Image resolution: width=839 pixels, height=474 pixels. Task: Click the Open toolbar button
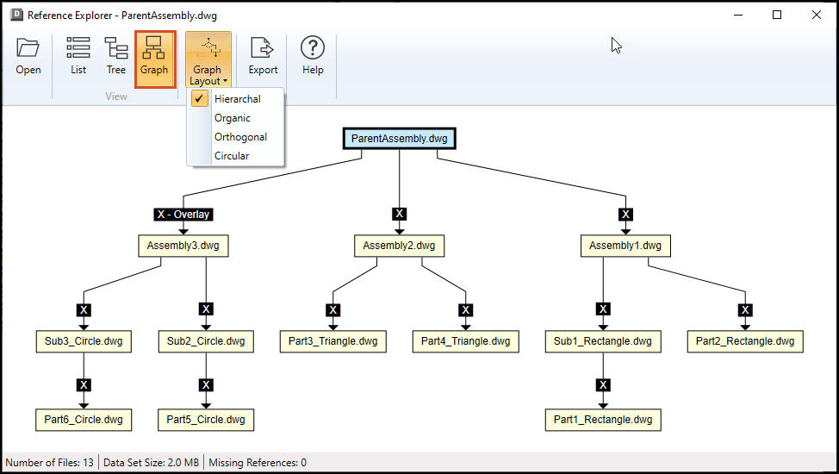[28, 56]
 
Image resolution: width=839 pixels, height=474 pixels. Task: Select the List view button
[78, 56]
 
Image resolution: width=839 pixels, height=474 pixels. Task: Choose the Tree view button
[116, 56]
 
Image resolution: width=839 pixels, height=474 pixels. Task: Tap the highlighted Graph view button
[155, 59]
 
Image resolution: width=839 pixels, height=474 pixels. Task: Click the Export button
[263, 56]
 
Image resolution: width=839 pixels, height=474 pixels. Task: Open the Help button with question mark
[313, 56]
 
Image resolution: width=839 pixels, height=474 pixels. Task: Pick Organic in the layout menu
[233, 118]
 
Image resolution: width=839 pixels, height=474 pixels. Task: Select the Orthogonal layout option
[241, 136]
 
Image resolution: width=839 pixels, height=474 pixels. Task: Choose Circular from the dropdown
[232, 156]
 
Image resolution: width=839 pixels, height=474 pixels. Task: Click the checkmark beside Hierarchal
[199, 98]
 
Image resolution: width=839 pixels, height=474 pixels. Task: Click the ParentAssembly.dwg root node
[399, 138]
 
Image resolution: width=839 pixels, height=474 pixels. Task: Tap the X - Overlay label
[183, 215]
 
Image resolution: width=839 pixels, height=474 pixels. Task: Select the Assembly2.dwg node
[399, 246]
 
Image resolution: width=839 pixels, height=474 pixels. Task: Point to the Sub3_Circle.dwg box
[84, 341]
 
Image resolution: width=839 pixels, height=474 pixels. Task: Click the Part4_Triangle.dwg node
[465, 341]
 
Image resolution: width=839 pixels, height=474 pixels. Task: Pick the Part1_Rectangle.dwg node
[603, 420]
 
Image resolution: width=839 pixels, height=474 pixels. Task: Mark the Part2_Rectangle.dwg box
[745, 341]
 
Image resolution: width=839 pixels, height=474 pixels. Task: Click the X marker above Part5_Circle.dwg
[206, 385]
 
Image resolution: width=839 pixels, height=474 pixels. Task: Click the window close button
[817, 15]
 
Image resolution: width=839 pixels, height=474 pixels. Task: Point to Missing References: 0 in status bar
[258, 462]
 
